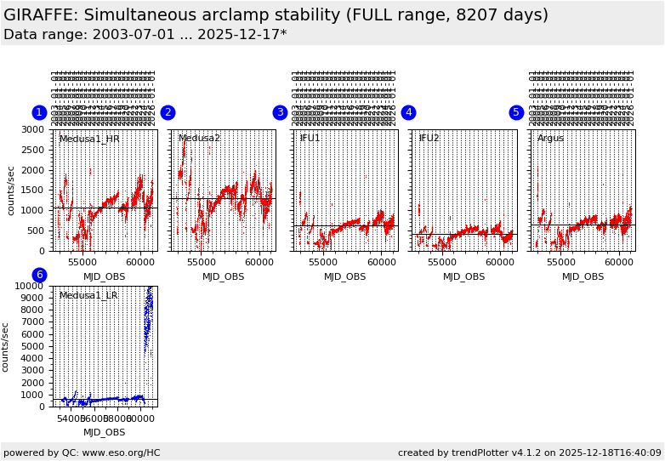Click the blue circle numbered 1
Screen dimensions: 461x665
(39, 112)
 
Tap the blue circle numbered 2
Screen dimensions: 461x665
(168, 112)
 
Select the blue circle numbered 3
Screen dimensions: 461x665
(280, 112)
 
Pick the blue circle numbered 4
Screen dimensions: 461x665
(408, 112)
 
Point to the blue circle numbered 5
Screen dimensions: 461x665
(516, 112)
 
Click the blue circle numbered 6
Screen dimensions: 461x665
(39, 275)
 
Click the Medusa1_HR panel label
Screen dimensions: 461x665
(89, 139)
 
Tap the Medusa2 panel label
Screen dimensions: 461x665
(199, 139)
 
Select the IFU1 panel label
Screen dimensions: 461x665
(310, 139)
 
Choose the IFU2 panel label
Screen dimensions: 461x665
(429, 139)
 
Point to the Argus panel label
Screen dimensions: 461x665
(550, 139)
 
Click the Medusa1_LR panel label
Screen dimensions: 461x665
(88, 295)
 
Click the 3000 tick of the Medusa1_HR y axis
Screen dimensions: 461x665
(34, 130)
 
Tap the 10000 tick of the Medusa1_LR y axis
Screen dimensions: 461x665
(31, 287)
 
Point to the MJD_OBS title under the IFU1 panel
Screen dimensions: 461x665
(344, 276)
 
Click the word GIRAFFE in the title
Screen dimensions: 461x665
(41, 15)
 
